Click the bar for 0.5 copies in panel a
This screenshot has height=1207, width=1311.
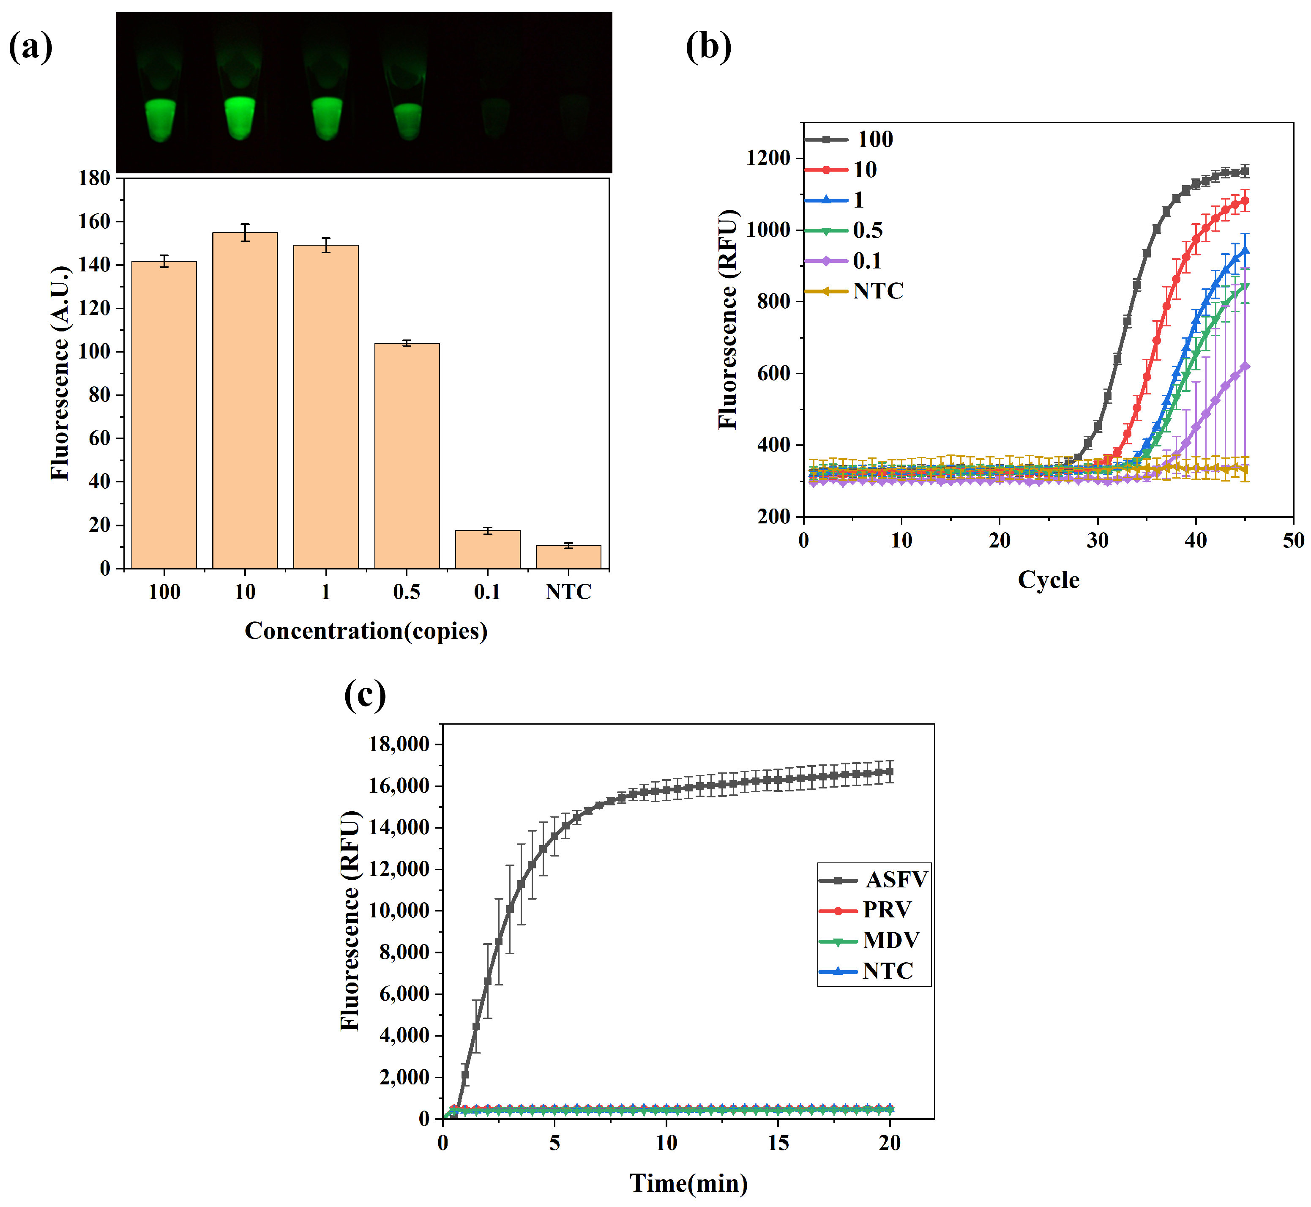[x=407, y=455]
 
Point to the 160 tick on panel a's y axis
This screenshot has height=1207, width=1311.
[x=94, y=222]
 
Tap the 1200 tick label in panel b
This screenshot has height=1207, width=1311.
[x=768, y=158]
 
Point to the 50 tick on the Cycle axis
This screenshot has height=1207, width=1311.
[x=1293, y=541]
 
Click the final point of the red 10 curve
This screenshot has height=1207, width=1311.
[x=1244, y=201]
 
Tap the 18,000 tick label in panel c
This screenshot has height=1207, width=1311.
[x=399, y=744]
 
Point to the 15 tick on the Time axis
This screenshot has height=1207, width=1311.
[x=778, y=1143]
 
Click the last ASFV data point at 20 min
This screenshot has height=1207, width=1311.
[x=889, y=772]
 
